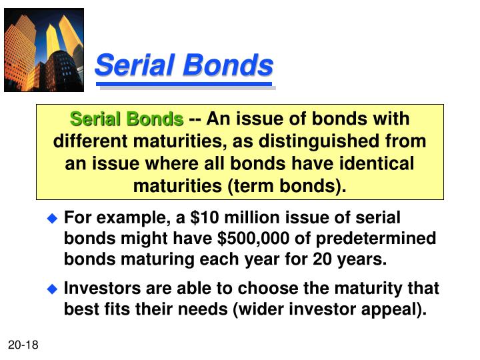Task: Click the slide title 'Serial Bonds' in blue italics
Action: click(184, 66)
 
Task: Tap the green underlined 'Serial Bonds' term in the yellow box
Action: click(127, 120)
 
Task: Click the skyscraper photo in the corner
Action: click(44, 50)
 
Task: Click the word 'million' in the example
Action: click(229, 218)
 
